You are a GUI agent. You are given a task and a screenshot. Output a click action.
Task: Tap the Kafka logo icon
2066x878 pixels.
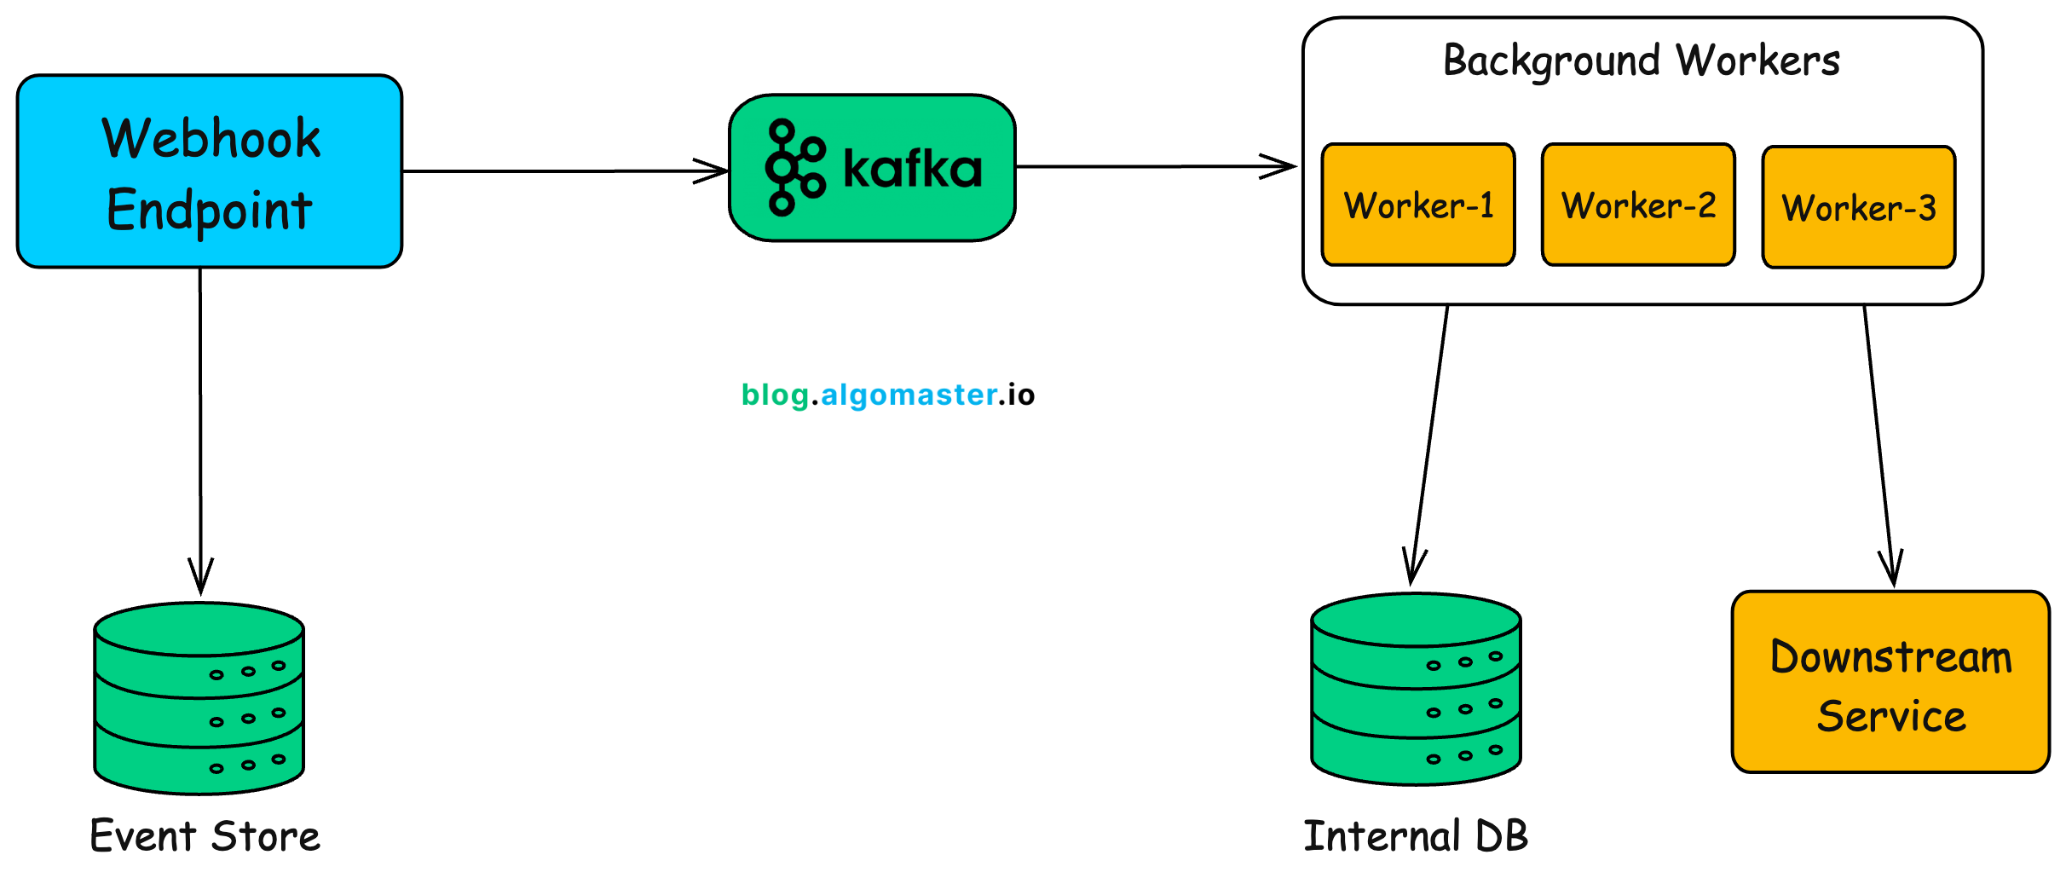tap(794, 168)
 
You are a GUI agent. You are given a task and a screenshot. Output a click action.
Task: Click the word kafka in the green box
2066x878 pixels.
tap(912, 169)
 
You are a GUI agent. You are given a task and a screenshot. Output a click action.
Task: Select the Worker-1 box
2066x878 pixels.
tap(1418, 205)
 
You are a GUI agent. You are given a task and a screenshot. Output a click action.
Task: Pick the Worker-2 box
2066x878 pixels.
tap(1638, 205)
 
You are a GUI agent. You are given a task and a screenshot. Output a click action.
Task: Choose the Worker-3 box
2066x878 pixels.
tap(1858, 208)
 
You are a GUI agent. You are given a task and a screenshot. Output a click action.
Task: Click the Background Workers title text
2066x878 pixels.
tap(1642, 61)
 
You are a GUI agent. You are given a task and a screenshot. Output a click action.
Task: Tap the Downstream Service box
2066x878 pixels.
tap(1890, 683)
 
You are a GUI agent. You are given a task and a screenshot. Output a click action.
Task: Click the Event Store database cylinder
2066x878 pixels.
tap(199, 699)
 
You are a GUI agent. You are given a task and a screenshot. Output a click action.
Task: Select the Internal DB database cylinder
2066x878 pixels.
tap(1416, 690)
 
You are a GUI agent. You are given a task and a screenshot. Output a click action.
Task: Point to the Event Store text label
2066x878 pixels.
tap(205, 836)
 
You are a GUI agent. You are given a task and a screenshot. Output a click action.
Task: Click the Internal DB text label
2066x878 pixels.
tap(1416, 836)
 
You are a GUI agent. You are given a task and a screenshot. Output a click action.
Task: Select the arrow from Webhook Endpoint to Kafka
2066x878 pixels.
tap(563, 171)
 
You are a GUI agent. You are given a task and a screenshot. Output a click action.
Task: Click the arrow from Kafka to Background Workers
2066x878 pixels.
tap(1155, 167)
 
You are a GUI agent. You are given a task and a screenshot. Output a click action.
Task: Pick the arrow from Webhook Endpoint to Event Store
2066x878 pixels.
tap(200, 426)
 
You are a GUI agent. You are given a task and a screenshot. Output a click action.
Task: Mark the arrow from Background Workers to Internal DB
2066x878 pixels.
tap(1429, 443)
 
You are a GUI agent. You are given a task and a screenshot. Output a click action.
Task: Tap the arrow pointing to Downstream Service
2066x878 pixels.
tap(1878, 443)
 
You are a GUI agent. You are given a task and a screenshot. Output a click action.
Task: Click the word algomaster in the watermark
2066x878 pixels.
tap(909, 395)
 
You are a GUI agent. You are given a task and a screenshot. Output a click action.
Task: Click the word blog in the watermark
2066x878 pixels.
tap(775, 396)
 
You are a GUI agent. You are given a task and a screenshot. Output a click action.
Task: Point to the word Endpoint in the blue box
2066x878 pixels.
tap(210, 211)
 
